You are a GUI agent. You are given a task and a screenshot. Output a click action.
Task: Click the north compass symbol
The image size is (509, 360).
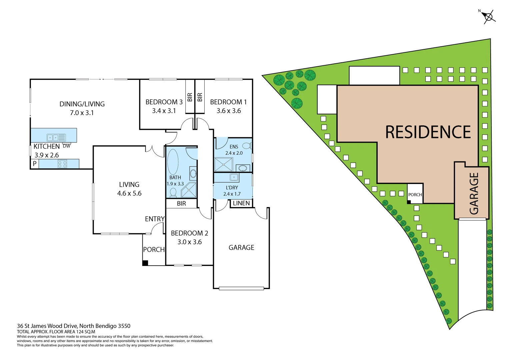(488, 16)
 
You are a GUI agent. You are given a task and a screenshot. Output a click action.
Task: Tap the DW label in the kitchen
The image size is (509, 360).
(67, 146)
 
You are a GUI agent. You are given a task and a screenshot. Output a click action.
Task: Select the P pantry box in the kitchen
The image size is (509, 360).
(34, 164)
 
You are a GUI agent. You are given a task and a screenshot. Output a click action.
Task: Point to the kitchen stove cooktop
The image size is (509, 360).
(62, 164)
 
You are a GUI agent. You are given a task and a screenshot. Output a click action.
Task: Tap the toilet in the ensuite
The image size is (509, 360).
(247, 146)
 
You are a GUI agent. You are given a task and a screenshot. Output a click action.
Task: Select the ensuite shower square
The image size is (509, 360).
(223, 165)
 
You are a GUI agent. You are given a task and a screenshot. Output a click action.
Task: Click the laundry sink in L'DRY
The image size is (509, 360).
(234, 177)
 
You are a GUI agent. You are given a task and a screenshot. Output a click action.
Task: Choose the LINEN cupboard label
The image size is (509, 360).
(241, 203)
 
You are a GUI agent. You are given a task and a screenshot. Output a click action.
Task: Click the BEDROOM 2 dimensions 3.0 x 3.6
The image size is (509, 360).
(189, 242)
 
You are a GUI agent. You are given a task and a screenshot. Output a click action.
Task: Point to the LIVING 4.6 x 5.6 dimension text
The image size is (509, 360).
(129, 193)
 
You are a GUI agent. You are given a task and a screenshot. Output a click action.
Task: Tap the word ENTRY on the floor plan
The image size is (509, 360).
(155, 219)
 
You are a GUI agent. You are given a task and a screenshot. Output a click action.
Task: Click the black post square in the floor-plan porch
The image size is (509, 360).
(145, 263)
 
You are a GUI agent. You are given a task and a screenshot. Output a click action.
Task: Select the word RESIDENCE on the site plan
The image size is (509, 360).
(428, 132)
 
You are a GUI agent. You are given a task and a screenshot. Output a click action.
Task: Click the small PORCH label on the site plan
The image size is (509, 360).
(415, 195)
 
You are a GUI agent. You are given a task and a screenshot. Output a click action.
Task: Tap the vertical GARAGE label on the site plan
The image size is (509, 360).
(474, 193)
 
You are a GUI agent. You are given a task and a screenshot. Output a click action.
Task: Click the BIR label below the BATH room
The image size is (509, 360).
(181, 204)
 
